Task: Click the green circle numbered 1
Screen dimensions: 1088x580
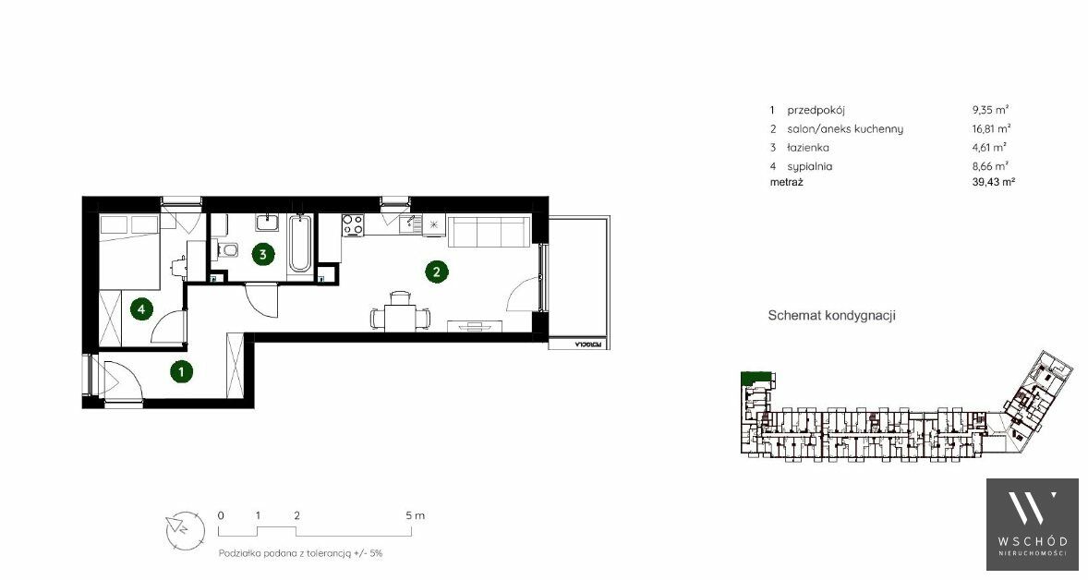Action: click(x=181, y=372)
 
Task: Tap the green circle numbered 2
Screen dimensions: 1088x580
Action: click(x=437, y=272)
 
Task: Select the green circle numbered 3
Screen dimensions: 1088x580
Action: click(x=262, y=254)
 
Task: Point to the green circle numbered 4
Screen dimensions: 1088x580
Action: click(x=141, y=308)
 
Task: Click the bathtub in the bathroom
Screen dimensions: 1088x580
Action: click(x=300, y=244)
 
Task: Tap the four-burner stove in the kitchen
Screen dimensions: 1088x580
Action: click(x=353, y=224)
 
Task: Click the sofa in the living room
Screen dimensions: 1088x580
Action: click(x=490, y=232)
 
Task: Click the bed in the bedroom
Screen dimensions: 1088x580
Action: click(x=129, y=249)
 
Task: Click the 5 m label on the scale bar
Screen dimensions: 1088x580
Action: click(x=415, y=515)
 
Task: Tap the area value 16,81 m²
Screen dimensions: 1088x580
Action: click(x=991, y=128)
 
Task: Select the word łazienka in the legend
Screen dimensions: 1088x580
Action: click(x=807, y=147)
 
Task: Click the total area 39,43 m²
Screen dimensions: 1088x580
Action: click(x=994, y=182)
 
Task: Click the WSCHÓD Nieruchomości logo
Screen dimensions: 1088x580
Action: click(x=1033, y=524)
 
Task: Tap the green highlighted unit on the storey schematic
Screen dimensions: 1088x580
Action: click(x=756, y=378)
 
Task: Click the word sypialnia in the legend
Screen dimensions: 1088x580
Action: click(x=809, y=166)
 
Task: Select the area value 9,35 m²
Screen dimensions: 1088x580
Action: click(x=990, y=110)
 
